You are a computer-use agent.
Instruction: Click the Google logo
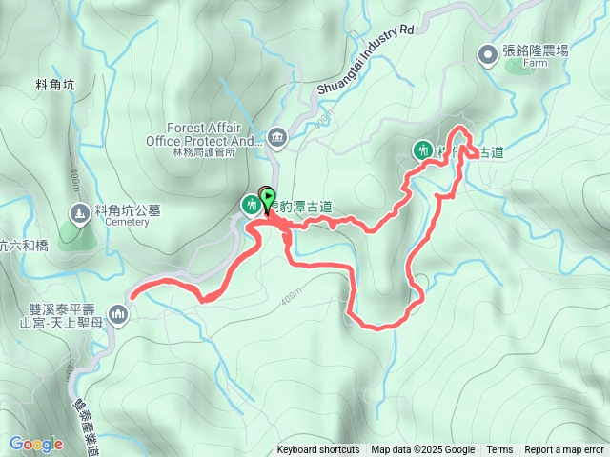click(36, 444)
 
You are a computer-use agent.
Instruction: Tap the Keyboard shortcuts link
click(318, 450)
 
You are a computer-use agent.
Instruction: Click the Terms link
click(499, 450)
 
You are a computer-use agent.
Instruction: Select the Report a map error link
click(565, 450)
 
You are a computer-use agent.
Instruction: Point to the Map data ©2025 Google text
click(423, 450)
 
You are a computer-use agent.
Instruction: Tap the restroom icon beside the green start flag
click(250, 204)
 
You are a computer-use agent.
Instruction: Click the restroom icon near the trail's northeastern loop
click(422, 149)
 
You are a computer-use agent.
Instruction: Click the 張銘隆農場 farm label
click(536, 50)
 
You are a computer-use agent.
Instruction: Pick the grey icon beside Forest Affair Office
click(277, 137)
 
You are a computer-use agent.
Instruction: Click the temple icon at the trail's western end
click(118, 312)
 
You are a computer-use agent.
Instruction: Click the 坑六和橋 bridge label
click(23, 246)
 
